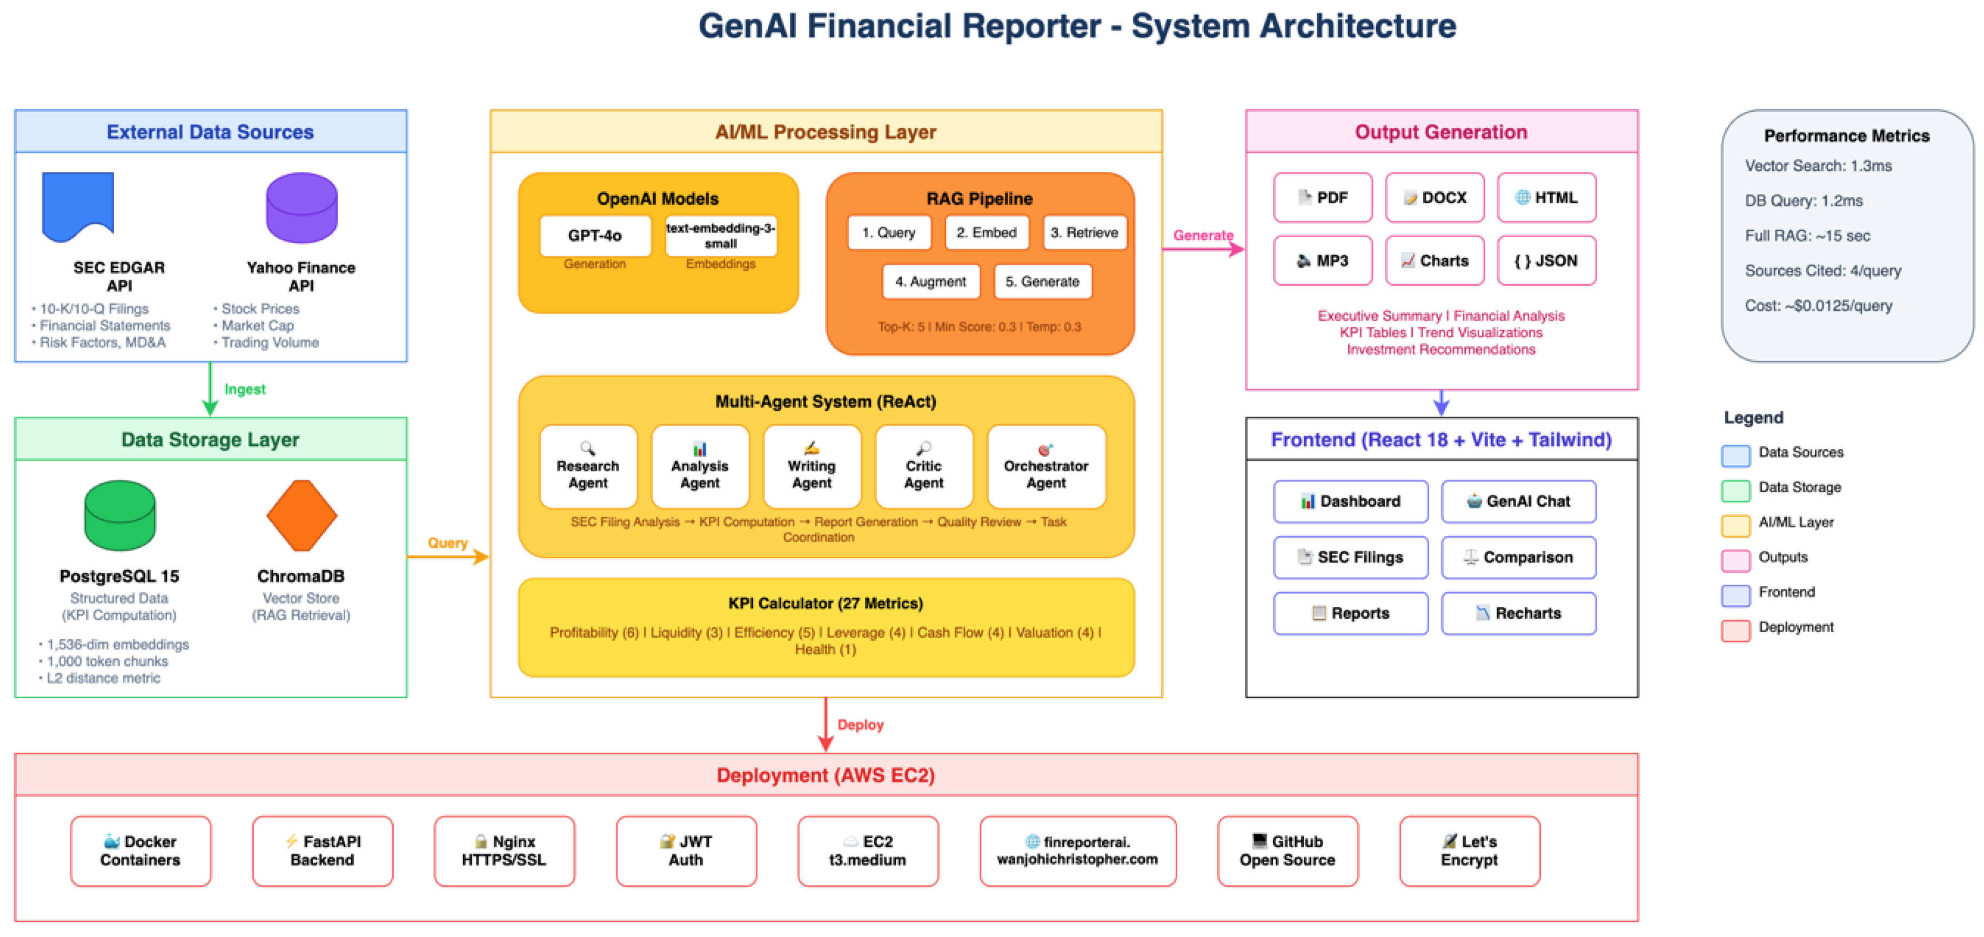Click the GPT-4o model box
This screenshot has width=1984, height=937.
click(x=594, y=236)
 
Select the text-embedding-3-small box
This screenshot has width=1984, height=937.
click(x=720, y=236)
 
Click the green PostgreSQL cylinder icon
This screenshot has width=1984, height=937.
click(x=119, y=516)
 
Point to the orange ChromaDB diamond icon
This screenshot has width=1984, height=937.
click(x=301, y=516)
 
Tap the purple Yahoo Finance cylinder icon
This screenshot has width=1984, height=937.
click(x=301, y=208)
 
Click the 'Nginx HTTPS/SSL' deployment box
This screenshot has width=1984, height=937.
click(x=504, y=851)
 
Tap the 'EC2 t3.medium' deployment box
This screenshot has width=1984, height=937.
click(x=867, y=851)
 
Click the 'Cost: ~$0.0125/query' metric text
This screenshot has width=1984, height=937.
click(x=1818, y=306)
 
